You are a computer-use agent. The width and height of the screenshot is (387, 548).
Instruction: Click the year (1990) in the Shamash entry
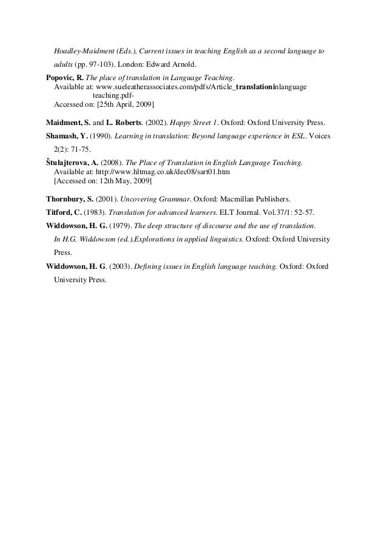(100, 136)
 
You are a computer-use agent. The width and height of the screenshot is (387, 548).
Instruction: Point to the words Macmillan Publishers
(255, 198)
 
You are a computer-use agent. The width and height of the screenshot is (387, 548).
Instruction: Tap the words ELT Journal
(245, 213)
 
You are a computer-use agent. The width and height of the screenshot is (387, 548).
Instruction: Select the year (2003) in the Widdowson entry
(113, 266)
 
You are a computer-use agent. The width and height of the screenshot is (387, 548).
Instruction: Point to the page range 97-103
(99, 64)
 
